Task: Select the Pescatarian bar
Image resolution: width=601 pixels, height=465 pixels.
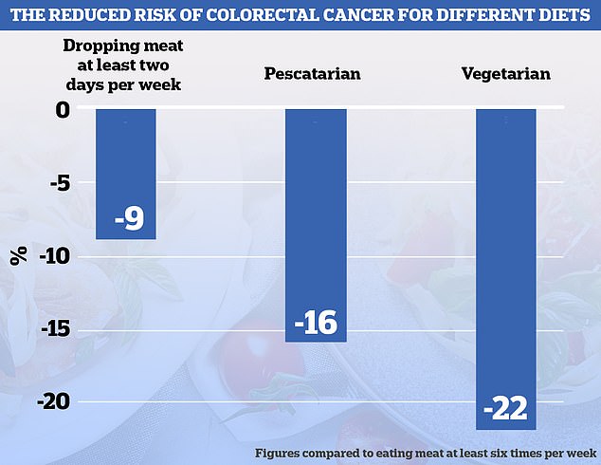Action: (x=316, y=218)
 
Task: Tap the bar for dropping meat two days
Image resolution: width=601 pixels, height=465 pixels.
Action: (x=125, y=171)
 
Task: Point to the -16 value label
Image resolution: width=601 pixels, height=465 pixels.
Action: (x=316, y=322)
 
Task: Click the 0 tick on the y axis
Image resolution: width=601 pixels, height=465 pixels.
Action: (x=63, y=110)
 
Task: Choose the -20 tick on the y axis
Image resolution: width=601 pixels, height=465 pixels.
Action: (x=52, y=402)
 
